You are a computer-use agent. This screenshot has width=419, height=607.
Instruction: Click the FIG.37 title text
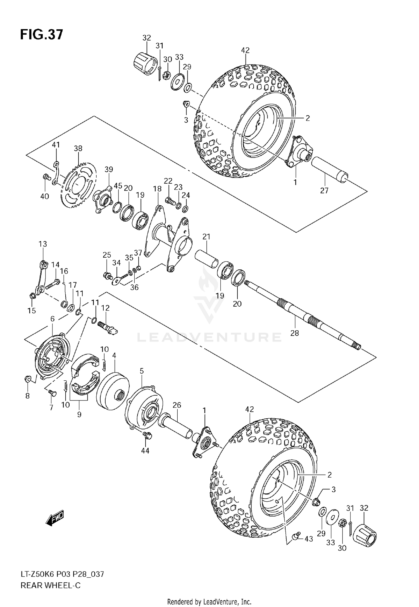pyautogui.click(x=42, y=35)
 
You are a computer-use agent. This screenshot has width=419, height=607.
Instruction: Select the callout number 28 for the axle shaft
pyautogui.click(x=294, y=333)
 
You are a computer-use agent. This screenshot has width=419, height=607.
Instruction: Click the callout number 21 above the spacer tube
pyautogui.click(x=206, y=237)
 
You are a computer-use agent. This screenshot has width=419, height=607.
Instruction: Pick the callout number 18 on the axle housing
pyautogui.click(x=157, y=189)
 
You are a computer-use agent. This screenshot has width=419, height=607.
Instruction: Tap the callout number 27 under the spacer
pyautogui.click(x=324, y=191)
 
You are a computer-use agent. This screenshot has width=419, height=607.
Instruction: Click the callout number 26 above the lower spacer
pyautogui.click(x=177, y=405)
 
